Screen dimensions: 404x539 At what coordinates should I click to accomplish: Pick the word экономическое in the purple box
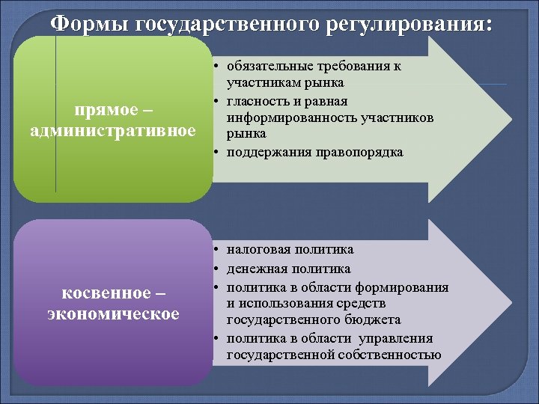(113, 313)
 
